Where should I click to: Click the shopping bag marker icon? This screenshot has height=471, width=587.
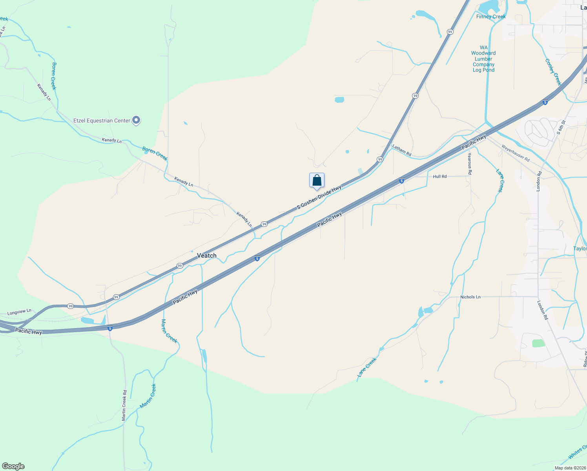click(317, 181)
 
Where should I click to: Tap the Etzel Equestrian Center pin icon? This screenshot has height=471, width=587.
click(136, 120)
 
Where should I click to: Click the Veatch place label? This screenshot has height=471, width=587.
click(207, 256)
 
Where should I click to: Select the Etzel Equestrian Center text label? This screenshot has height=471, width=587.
click(102, 120)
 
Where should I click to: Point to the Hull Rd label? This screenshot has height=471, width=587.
click(440, 177)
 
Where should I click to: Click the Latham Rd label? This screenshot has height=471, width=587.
click(402, 150)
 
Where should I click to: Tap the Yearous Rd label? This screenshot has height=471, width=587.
click(470, 164)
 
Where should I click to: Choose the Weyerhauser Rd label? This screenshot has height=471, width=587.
click(516, 153)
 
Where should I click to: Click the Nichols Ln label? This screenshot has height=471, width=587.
click(470, 297)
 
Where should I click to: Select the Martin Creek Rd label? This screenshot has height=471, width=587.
click(124, 405)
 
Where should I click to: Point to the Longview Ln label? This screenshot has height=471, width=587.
click(19, 312)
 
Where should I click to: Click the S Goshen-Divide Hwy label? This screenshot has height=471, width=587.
click(319, 197)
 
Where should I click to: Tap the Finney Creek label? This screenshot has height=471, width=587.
click(491, 16)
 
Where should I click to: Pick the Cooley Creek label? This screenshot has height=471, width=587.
click(553, 72)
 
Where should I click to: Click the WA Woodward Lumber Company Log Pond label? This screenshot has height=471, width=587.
click(483, 59)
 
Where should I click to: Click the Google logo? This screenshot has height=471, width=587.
click(13, 466)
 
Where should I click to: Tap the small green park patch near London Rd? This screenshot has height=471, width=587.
click(538, 343)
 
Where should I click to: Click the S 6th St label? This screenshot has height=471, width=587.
click(561, 128)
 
